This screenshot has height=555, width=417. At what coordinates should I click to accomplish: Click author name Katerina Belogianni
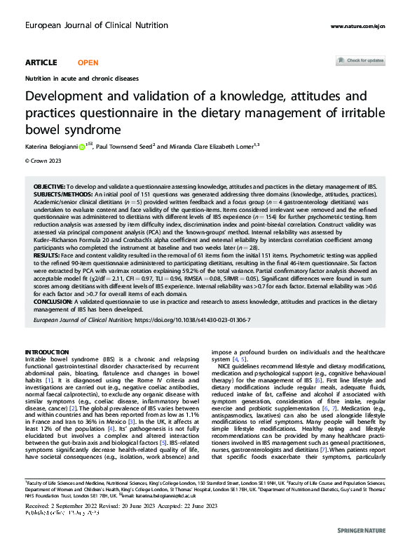[50, 147]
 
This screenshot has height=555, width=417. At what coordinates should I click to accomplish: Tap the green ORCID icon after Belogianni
[81, 147]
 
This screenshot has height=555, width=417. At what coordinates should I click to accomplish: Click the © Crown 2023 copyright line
[44, 161]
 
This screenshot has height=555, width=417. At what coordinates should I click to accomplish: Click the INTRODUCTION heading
[46, 352]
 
